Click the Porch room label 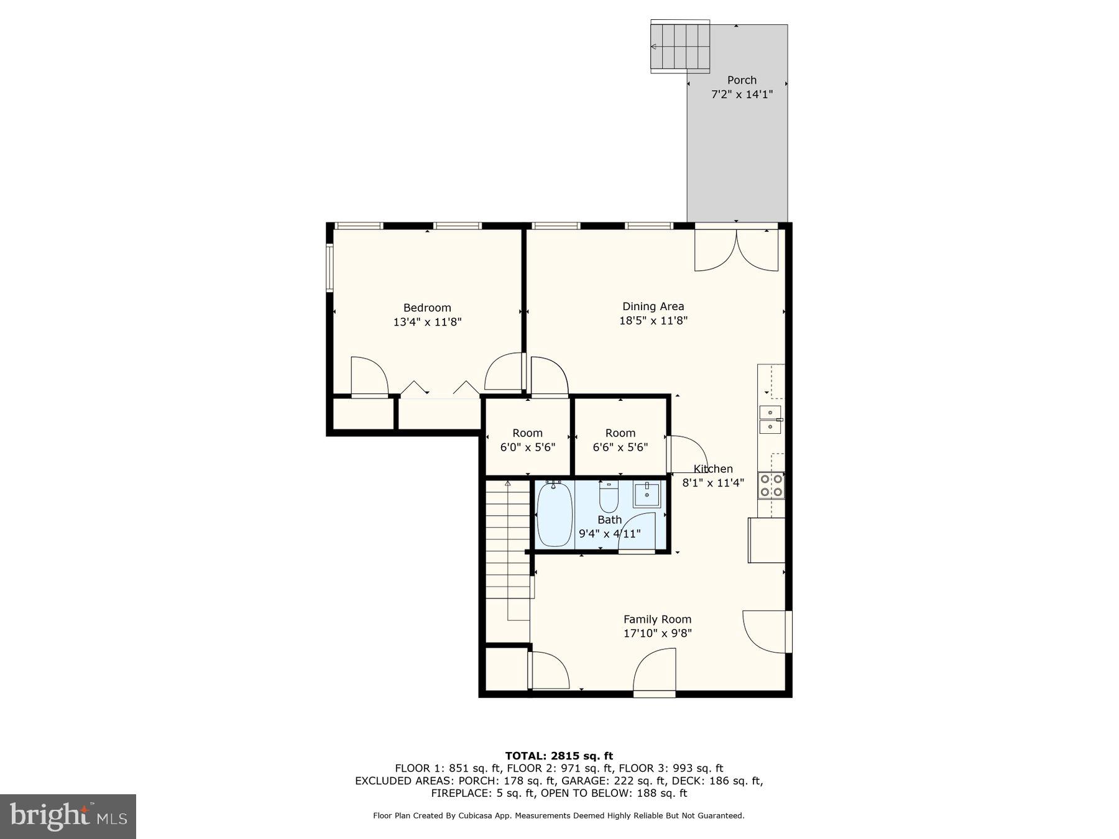coord(742,80)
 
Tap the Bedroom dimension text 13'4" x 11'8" coord(427,322)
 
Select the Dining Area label coord(653,306)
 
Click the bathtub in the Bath coord(554,515)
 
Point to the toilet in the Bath coord(609,498)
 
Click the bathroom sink coord(647,495)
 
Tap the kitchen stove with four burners coord(771,485)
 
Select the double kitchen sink coord(770,419)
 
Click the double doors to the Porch coord(736,250)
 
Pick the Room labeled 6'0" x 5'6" coord(527,439)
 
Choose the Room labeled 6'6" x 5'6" coord(620,439)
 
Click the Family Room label coord(657,619)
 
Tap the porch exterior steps coord(680,47)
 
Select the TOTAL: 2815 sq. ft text coord(558,756)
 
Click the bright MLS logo coord(68,816)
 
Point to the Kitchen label coord(713,469)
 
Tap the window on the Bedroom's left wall coord(330,268)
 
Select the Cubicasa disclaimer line coord(558,815)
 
